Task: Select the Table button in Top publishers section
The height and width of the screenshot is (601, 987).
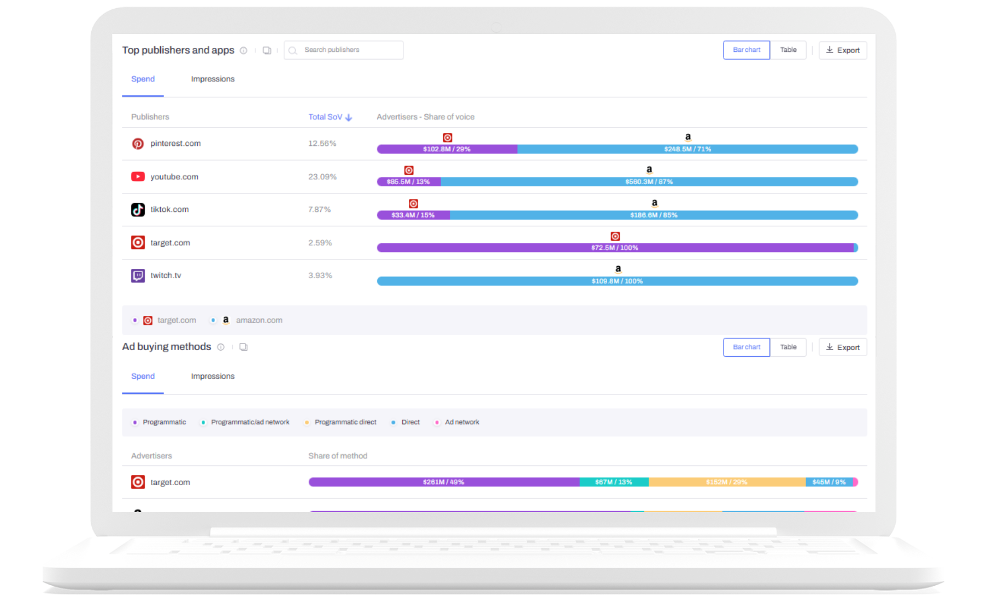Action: (788, 50)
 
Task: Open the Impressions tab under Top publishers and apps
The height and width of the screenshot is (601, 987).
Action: (213, 79)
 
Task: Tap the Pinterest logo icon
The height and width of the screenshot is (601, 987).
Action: (138, 144)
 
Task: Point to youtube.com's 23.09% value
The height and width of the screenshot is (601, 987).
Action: (322, 177)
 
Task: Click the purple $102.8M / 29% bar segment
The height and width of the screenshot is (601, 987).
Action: (446, 149)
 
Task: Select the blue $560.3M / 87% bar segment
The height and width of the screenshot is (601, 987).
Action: (649, 182)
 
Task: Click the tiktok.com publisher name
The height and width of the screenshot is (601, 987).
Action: (169, 210)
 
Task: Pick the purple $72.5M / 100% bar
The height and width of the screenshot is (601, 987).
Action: (614, 248)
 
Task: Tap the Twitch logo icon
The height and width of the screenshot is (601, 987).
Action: (138, 276)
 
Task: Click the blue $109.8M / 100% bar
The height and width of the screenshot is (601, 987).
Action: (616, 281)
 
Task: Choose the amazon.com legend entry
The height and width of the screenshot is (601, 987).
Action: (258, 320)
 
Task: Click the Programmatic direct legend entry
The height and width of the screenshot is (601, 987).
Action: (345, 422)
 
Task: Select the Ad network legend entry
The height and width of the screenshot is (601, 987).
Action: (462, 422)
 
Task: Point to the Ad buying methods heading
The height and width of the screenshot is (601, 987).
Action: (167, 347)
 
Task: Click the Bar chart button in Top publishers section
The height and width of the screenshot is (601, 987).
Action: (746, 50)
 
